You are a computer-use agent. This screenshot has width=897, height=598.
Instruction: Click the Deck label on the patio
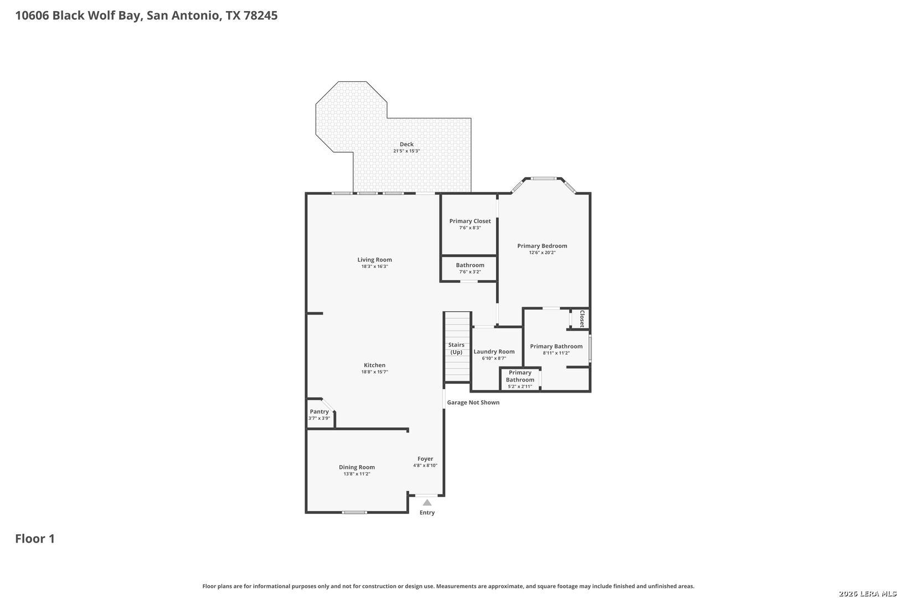(x=406, y=144)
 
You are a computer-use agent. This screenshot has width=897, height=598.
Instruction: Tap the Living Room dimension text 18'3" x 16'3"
(x=374, y=266)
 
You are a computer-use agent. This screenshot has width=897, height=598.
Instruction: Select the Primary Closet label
(x=470, y=221)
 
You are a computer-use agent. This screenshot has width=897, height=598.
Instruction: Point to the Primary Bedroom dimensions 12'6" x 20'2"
(x=542, y=252)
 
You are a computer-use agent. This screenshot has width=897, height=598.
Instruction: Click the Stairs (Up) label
(x=456, y=348)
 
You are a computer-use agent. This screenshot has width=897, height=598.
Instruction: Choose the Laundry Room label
(x=494, y=352)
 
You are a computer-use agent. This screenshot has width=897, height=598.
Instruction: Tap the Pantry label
(x=319, y=412)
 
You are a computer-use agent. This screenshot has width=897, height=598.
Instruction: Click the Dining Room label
(x=357, y=467)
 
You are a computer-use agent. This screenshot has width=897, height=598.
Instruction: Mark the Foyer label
(x=425, y=459)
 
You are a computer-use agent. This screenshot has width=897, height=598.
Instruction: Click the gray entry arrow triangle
(x=427, y=503)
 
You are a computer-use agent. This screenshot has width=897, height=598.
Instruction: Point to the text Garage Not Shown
(x=473, y=403)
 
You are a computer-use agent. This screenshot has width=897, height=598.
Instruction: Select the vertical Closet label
(x=582, y=319)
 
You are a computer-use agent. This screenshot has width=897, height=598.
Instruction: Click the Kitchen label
(x=374, y=365)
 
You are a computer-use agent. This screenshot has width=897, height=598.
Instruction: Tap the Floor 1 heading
(x=35, y=539)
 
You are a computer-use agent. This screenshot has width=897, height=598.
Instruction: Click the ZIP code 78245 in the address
(x=260, y=16)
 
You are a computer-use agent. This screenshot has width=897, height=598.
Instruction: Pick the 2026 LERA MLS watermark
(x=867, y=594)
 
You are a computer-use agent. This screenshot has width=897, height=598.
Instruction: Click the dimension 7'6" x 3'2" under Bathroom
(x=470, y=272)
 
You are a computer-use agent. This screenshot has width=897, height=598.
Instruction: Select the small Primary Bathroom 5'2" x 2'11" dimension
(x=520, y=386)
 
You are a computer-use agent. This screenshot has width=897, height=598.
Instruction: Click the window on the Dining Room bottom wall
(x=354, y=512)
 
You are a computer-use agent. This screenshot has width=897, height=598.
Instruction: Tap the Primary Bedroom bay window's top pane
(x=543, y=179)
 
